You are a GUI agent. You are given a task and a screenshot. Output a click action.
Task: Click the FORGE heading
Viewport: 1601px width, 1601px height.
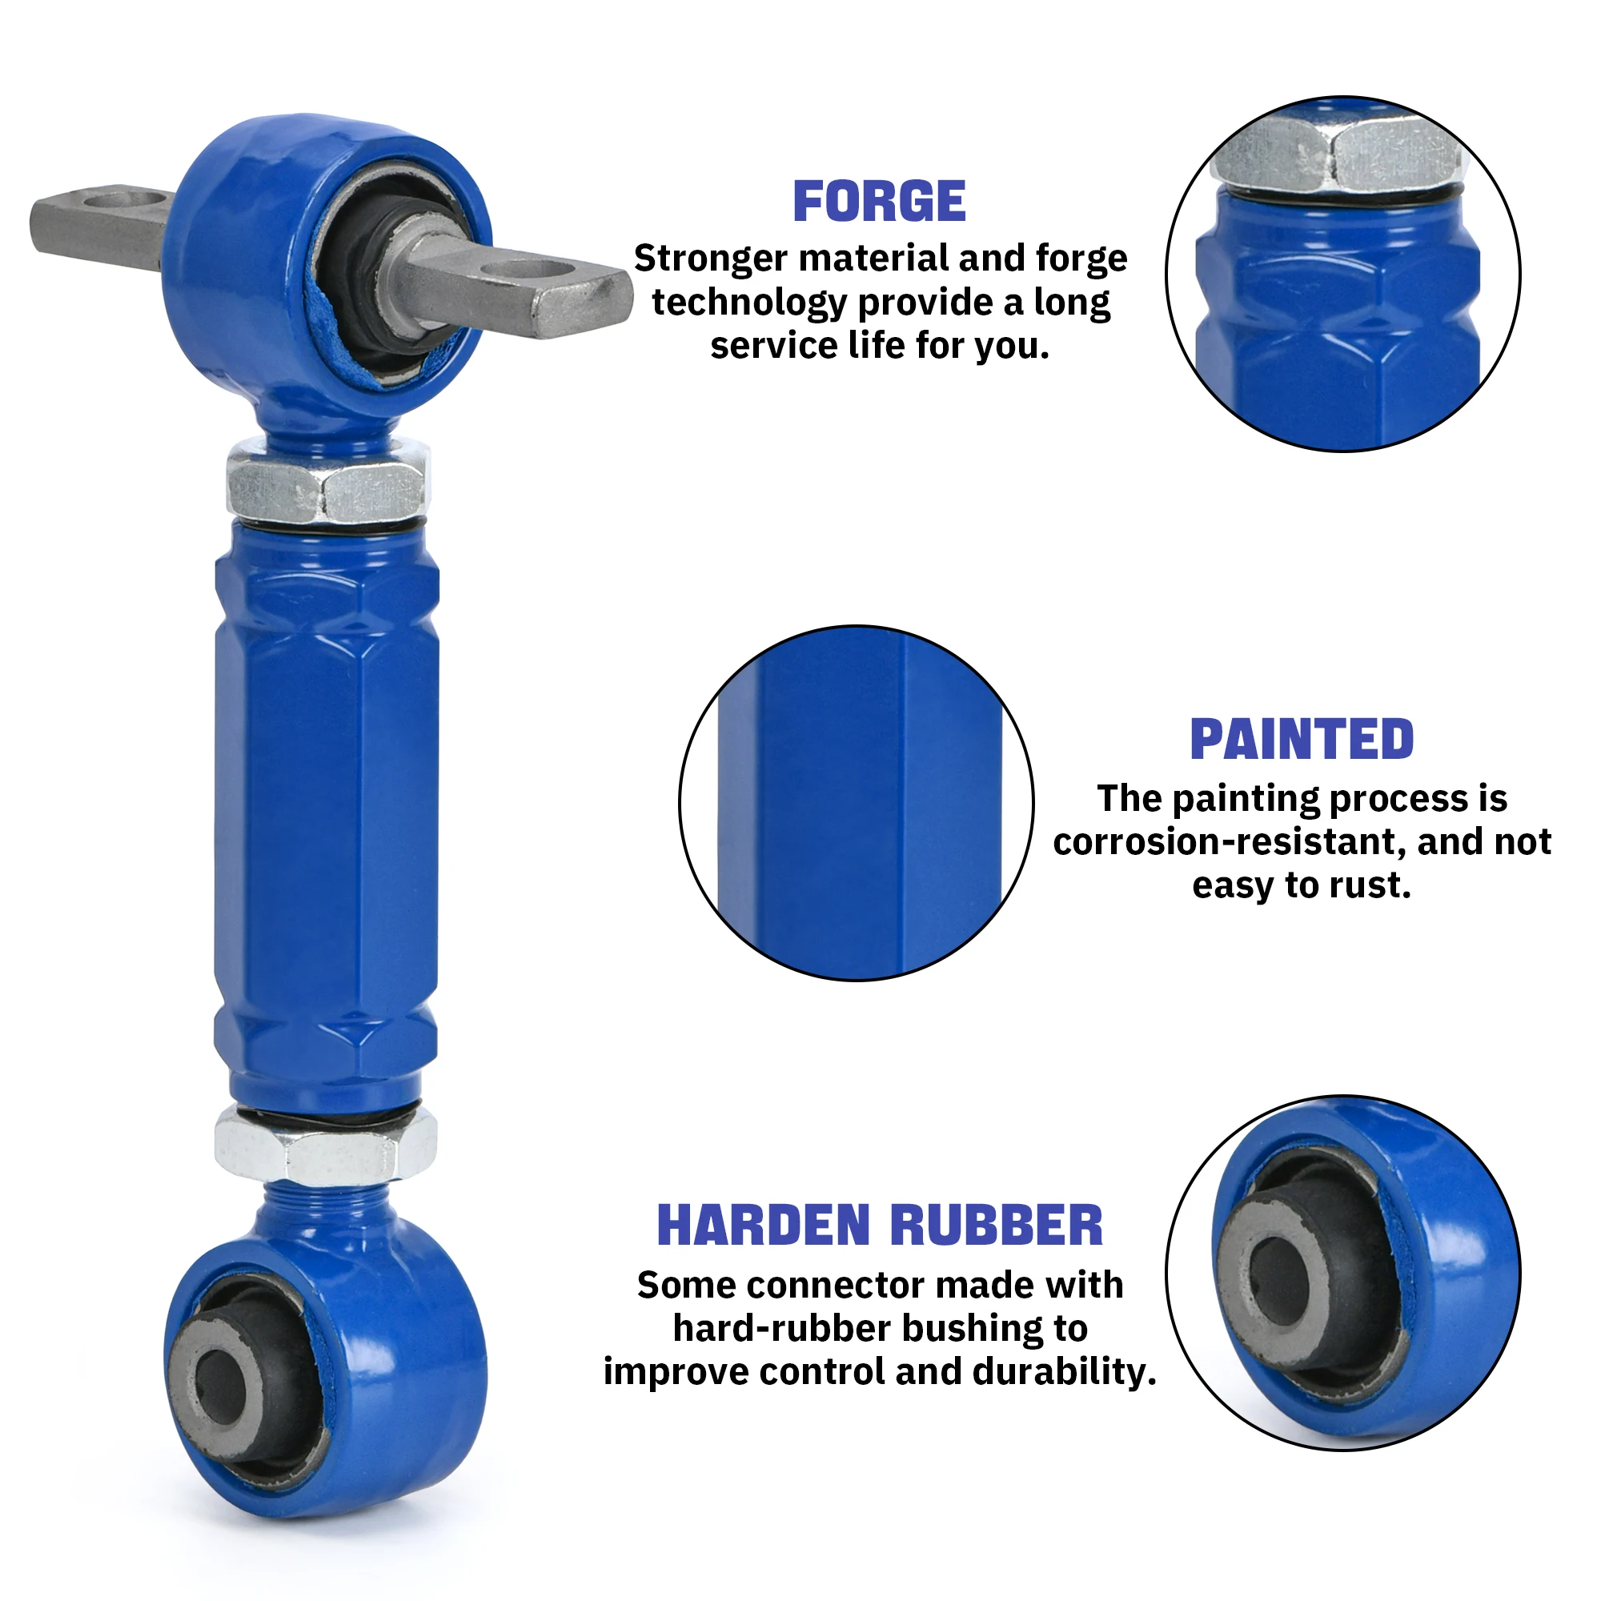tap(879, 202)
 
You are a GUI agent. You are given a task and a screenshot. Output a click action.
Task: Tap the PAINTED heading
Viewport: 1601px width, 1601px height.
tap(1302, 739)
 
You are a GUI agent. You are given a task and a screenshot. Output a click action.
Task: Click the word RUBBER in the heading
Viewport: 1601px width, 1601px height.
tap(997, 1226)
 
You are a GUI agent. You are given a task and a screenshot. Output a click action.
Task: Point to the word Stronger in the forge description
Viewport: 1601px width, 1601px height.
tap(710, 259)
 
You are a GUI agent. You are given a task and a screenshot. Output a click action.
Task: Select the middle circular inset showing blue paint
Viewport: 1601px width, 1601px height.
tap(856, 803)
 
